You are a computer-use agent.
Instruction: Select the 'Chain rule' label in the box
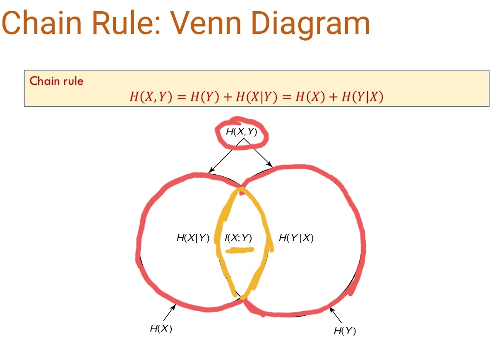coord(56,81)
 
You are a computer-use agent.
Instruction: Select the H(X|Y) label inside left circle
coord(193,238)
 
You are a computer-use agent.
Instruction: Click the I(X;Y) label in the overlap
coord(238,238)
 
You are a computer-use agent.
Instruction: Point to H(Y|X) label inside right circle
coord(296,238)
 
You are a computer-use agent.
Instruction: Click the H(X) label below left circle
coord(161,329)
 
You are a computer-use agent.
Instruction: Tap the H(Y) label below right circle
coord(345,331)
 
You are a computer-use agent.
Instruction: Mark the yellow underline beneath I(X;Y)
coord(239,250)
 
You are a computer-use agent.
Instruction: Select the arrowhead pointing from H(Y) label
coord(331,309)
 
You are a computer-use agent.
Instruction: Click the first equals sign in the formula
coord(180,97)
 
